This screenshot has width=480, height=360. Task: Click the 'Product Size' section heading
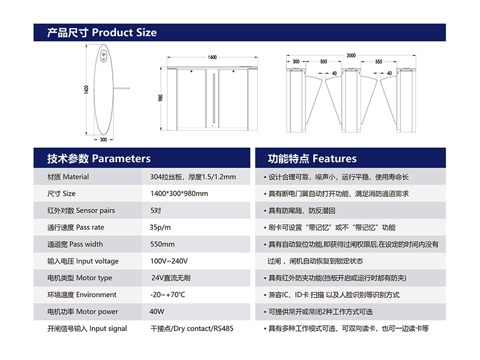(101, 32)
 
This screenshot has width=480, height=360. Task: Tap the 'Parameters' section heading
(98, 158)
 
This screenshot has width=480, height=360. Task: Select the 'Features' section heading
(312, 158)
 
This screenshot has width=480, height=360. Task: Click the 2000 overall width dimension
(351, 55)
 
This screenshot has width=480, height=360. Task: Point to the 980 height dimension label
(160, 98)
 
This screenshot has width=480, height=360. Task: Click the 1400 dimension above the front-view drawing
(212, 57)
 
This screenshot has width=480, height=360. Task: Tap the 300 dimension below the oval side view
(103, 140)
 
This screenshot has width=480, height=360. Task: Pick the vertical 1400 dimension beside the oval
(86, 89)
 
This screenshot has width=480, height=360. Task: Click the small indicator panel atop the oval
(103, 56)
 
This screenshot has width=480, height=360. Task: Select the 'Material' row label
(68, 176)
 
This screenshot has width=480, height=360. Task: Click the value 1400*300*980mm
(179, 193)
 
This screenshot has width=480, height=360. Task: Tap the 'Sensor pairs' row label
(81, 211)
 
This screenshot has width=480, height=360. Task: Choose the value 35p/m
(160, 227)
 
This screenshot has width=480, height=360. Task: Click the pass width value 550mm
(162, 244)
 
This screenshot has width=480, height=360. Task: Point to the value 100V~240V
(169, 261)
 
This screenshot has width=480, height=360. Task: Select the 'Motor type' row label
(80, 278)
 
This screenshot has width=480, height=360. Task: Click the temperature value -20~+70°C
(167, 295)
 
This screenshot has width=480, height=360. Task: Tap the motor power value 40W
(157, 311)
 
